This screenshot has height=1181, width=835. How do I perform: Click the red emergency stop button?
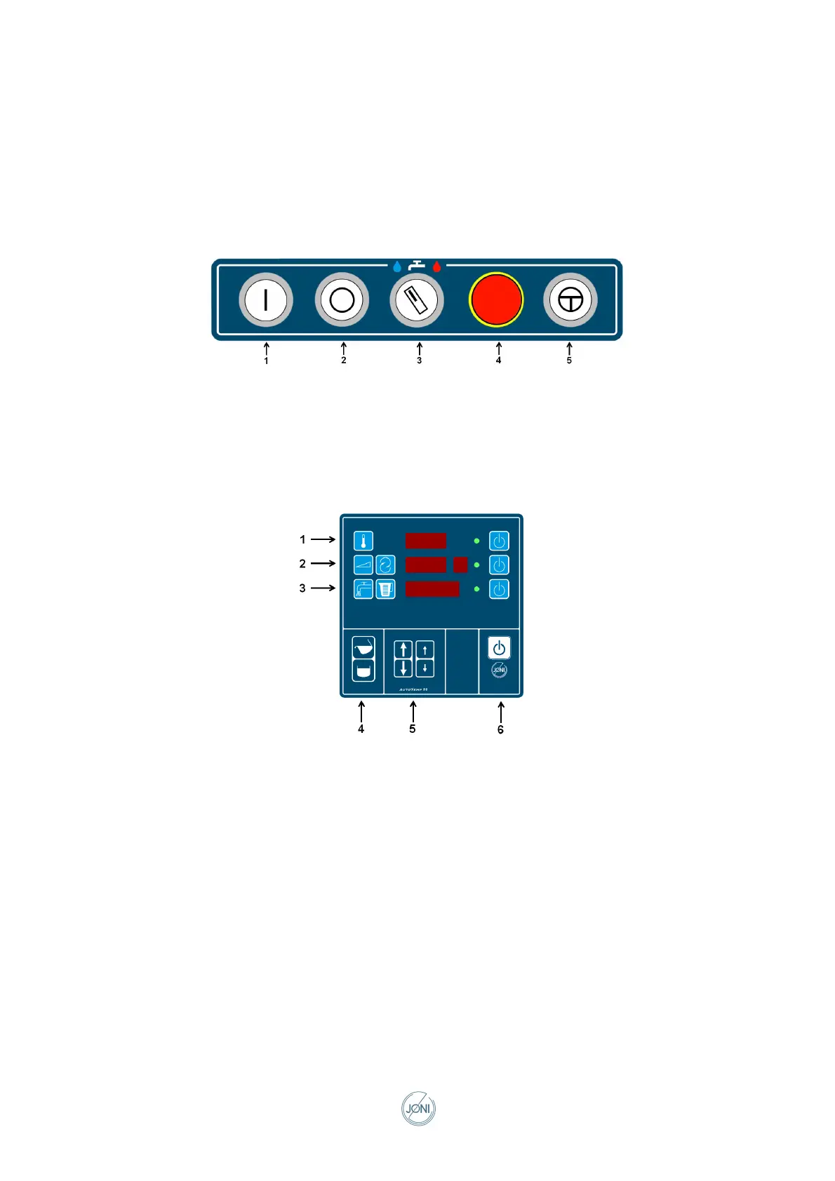tap(496, 299)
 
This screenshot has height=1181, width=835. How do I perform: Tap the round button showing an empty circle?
tap(342, 300)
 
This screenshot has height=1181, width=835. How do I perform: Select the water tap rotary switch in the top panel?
tap(417, 300)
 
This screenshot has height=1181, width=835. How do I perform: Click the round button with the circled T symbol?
tap(570, 300)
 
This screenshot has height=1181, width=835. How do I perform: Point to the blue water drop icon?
tap(397, 266)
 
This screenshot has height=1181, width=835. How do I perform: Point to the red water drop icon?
tap(437, 266)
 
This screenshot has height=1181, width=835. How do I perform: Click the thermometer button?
tap(363, 541)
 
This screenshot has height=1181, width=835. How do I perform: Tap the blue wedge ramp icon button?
tap(363, 565)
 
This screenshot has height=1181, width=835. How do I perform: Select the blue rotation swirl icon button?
tap(385, 565)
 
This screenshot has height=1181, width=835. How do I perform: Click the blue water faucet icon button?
tap(363, 589)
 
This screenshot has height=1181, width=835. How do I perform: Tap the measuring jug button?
tap(385, 589)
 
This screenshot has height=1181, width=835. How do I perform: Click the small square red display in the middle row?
tap(460, 565)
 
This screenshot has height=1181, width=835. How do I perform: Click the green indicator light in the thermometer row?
tap(477, 541)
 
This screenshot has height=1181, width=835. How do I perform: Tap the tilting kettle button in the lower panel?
tap(363, 647)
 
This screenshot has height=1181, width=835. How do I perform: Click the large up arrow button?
tap(403, 649)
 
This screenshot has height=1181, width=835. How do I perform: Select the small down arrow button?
tap(425, 668)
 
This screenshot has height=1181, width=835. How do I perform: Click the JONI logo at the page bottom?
tap(418, 1109)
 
